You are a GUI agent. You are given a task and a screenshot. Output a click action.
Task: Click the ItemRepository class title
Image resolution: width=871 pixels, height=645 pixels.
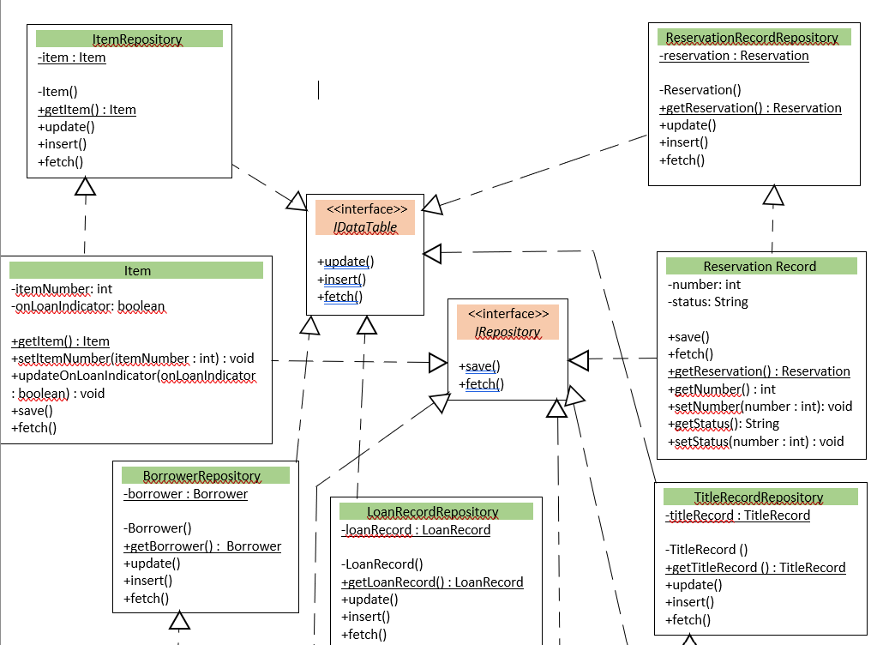pyautogui.click(x=136, y=39)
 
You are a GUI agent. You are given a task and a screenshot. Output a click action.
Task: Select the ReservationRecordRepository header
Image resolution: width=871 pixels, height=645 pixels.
pyautogui.click(x=752, y=38)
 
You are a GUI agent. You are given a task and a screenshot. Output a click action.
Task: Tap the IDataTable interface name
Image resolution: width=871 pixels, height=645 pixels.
pyautogui.click(x=365, y=227)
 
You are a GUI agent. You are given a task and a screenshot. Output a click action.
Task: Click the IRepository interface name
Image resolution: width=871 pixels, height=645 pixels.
pyautogui.click(x=508, y=331)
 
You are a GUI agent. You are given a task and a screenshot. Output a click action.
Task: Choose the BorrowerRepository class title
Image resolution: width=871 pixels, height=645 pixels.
pyautogui.click(x=201, y=475)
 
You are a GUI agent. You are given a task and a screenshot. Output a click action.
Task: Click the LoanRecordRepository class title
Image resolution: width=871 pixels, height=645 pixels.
pyautogui.click(x=433, y=512)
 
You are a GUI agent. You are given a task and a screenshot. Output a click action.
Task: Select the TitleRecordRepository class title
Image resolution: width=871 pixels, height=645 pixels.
pyautogui.click(x=758, y=497)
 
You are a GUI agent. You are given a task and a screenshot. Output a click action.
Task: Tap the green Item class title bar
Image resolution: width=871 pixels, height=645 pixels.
pyautogui.click(x=137, y=271)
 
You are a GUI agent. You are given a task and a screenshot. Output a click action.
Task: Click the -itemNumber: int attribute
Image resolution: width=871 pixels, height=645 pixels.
pyautogui.click(x=62, y=289)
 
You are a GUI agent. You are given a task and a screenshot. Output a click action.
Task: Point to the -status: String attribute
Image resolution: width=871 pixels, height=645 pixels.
pyautogui.click(x=707, y=302)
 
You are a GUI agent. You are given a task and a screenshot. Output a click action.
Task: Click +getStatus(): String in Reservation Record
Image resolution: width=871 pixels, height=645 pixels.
pyautogui.click(x=723, y=424)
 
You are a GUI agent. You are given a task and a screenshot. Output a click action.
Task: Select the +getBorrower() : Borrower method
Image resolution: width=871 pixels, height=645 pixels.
pyautogui.click(x=202, y=546)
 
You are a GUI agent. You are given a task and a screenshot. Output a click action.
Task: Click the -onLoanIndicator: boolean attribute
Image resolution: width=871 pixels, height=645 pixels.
pyautogui.click(x=87, y=306)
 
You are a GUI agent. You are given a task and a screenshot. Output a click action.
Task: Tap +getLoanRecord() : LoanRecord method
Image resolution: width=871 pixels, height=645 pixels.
pyautogui.click(x=432, y=582)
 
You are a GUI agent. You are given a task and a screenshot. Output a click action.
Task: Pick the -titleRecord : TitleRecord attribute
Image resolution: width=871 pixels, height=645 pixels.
pyautogui.click(x=737, y=515)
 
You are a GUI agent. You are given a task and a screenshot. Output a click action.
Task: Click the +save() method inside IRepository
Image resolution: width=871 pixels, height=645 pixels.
pyautogui.click(x=479, y=366)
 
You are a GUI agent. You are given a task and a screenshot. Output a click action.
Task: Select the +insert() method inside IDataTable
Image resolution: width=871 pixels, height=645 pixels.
pyautogui.click(x=341, y=280)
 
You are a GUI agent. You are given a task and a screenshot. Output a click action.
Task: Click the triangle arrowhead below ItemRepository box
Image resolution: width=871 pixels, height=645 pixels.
pyautogui.click(x=84, y=186)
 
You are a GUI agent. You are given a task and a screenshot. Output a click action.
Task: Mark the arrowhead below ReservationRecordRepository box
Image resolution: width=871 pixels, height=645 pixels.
pyautogui.click(x=774, y=196)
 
